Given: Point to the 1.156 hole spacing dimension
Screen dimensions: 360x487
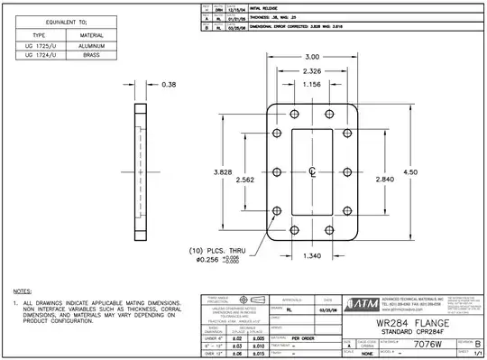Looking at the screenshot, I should click(311, 85).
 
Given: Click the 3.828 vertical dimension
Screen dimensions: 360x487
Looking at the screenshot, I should click(225, 171).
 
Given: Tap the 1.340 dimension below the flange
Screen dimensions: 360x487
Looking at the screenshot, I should click(311, 257).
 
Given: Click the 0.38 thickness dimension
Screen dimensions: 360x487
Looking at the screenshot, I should click(169, 85).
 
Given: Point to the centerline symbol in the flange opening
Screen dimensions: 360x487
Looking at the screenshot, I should click(311, 171).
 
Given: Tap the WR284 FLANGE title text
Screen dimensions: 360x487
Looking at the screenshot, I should click(413, 321).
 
